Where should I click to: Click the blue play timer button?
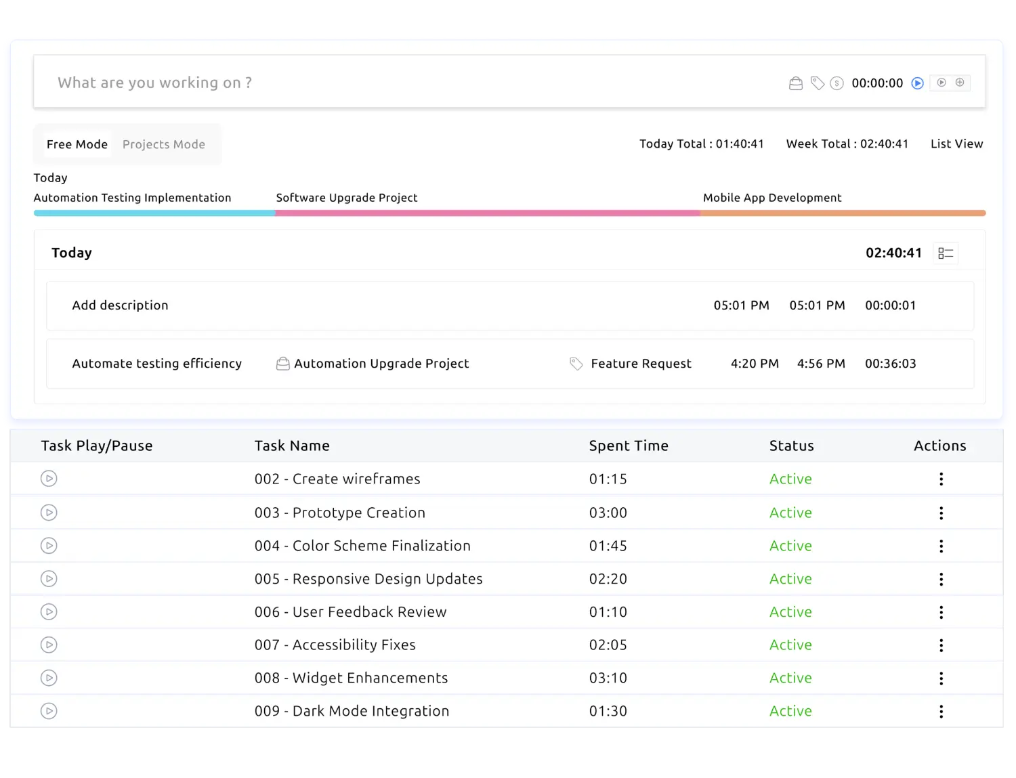pyautogui.click(x=917, y=83)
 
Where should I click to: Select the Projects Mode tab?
pyautogui.click(x=163, y=144)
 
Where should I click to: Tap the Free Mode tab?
pyautogui.click(x=77, y=144)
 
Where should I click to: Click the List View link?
pyautogui.click(x=956, y=144)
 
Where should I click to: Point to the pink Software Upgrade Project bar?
pyautogui.click(x=488, y=213)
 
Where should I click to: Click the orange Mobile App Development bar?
pyautogui.click(x=843, y=213)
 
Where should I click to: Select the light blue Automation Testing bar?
pyautogui.click(x=154, y=213)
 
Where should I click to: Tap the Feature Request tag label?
pyautogui.click(x=641, y=364)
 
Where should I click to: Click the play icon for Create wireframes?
pyautogui.click(x=49, y=479)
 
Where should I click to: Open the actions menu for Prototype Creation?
pyautogui.click(x=941, y=513)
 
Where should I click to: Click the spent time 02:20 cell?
pyautogui.click(x=608, y=579)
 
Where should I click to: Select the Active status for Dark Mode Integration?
pyautogui.click(x=790, y=711)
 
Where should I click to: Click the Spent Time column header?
pyautogui.click(x=629, y=446)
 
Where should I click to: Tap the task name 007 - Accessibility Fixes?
pyautogui.click(x=335, y=645)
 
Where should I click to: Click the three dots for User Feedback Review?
pyautogui.click(x=941, y=612)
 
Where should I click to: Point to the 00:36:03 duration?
pyautogui.click(x=890, y=364)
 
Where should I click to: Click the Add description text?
pyautogui.click(x=120, y=305)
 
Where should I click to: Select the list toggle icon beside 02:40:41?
pyautogui.click(x=946, y=253)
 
